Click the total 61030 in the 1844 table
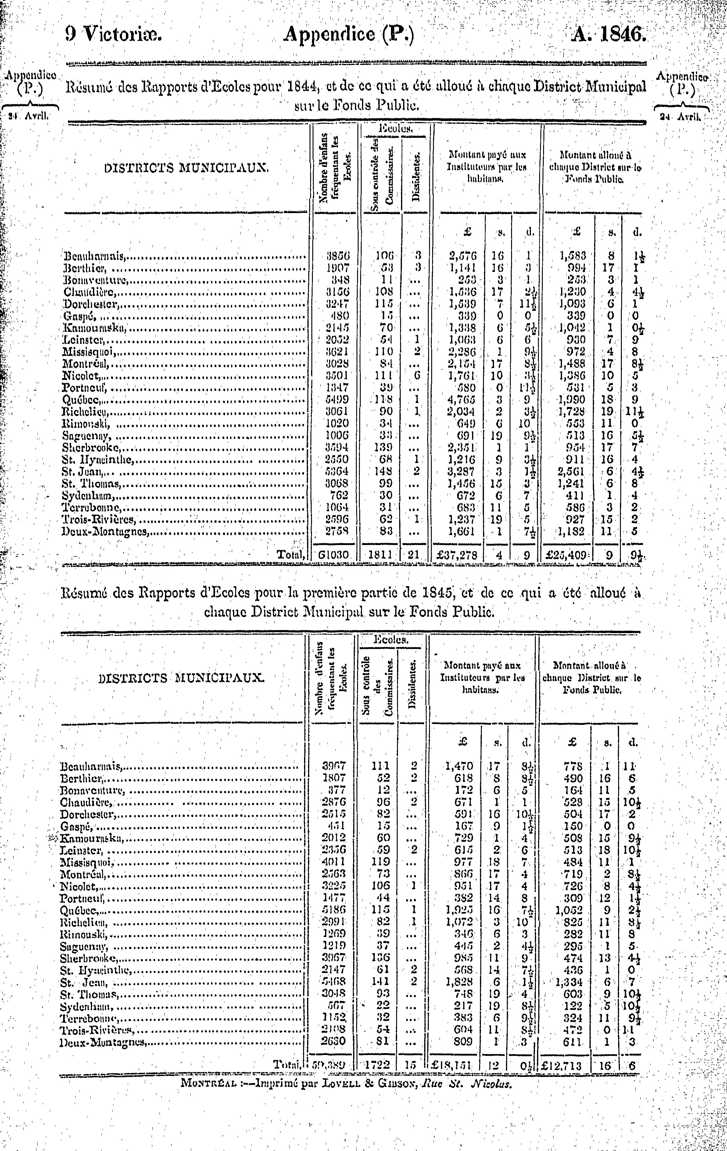[x=335, y=555]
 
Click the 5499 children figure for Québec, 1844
[x=337, y=399]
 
